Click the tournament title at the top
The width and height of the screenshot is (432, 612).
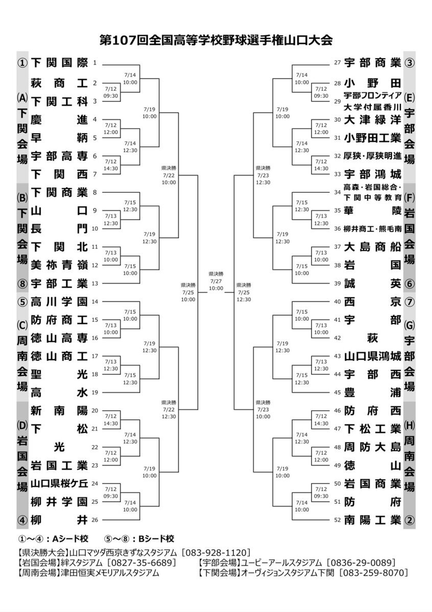pyautogui.click(x=216, y=40)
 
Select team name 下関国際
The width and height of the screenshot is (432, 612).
pyautogui.click(x=59, y=63)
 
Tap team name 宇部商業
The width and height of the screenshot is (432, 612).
pyautogui.click(x=372, y=63)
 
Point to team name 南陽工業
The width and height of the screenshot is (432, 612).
pyautogui.click(x=372, y=520)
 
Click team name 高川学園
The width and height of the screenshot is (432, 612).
pyautogui.click(x=59, y=301)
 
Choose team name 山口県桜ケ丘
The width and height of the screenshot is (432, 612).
pyautogui.click(x=59, y=483)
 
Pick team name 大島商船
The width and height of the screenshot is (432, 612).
pyautogui.click(x=372, y=247)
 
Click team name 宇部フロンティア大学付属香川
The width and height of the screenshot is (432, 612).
pyautogui.click(x=372, y=101)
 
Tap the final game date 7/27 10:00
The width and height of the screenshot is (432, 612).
pyautogui.click(x=216, y=285)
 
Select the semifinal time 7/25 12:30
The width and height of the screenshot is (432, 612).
pyautogui.click(x=244, y=296)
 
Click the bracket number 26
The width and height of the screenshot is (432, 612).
pyautogui.click(x=94, y=520)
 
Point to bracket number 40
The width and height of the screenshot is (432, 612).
pyautogui.click(x=337, y=301)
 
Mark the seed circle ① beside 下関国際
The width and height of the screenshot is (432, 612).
pyautogui.click(x=22, y=63)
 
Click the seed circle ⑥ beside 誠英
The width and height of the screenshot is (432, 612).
pyautogui.click(x=410, y=284)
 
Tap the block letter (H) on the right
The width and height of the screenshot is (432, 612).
pyautogui.click(x=410, y=425)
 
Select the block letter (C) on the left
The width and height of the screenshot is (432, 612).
pyautogui.click(x=22, y=325)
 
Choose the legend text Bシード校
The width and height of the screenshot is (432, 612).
pyautogui.click(x=156, y=539)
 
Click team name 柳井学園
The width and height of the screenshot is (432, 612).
pyautogui.click(x=59, y=502)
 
